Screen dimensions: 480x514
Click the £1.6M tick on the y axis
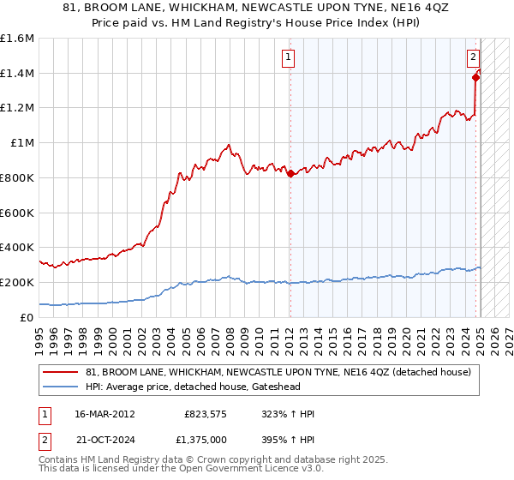click(17, 39)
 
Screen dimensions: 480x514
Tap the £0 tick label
click(27, 317)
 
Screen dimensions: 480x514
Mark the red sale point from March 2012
click(290, 173)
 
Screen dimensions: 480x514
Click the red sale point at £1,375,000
click(476, 77)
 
